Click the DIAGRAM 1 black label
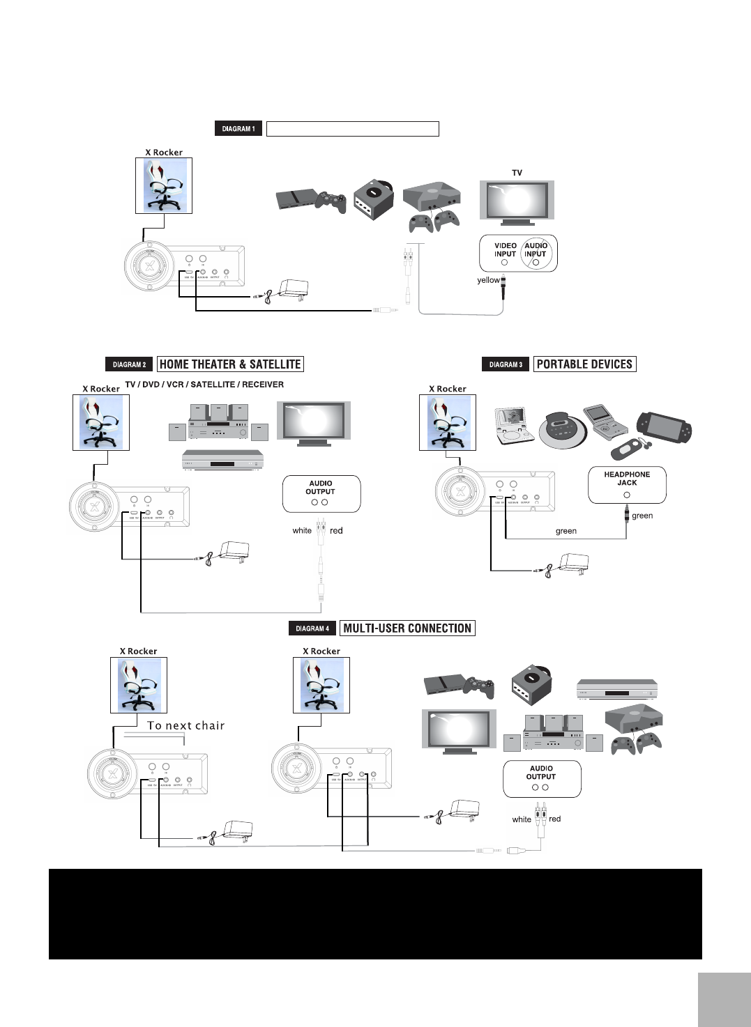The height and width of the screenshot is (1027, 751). (238, 129)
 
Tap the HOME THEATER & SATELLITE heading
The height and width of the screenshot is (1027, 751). (230, 364)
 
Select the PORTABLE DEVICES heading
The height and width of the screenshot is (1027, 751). (584, 364)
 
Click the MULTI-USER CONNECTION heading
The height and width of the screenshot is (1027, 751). (407, 628)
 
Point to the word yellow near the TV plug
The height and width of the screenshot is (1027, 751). (488, 280)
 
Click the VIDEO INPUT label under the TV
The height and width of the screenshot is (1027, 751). (505, 249)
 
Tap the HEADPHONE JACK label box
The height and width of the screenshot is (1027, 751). (627, 484)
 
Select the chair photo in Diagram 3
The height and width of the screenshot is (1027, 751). (448, 422)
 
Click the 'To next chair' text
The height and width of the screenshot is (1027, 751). (185, 726)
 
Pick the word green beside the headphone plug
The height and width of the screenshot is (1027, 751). (642, 516)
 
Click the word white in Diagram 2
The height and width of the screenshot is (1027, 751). (302, 531)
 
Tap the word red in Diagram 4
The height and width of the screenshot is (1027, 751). (554, 819)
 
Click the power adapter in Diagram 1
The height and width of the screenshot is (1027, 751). (292, 288)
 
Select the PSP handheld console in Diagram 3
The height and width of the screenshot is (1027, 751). (664, 427)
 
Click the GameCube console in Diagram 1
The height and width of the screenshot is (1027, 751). (373, 199)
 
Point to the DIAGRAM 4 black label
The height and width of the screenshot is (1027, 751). (312, 628)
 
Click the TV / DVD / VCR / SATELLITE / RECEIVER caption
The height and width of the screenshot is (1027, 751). (204, 385)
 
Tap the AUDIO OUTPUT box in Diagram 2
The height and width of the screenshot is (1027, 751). (321, 493)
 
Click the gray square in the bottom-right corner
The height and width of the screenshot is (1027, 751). (723, 999)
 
